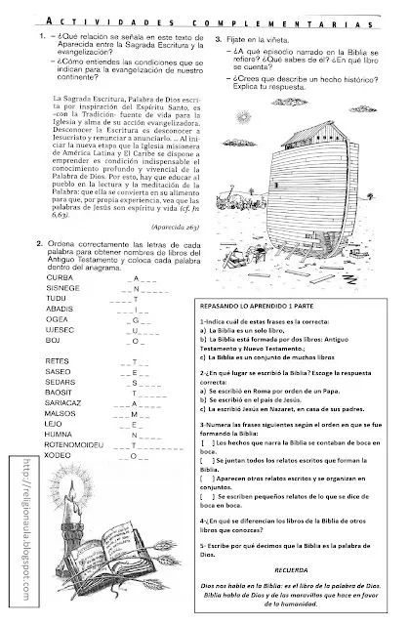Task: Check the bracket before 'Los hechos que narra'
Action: [x=235, y=442]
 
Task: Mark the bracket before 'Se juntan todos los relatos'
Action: [x=235, y=462]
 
